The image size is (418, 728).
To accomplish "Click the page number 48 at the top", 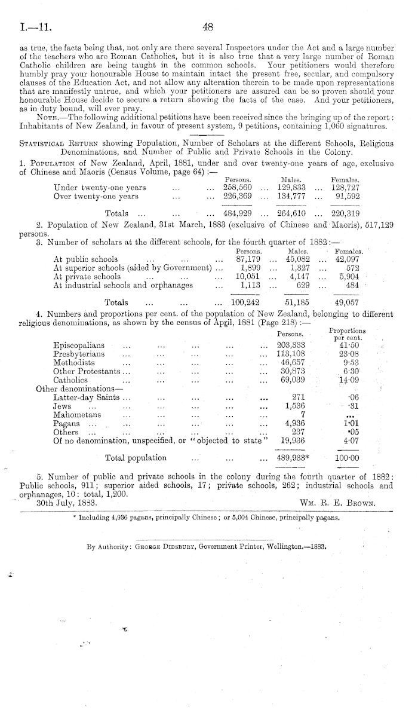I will point(208,26).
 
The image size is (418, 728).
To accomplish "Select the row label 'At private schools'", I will point(87,277).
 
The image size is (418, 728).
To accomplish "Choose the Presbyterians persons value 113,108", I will point(291,354).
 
